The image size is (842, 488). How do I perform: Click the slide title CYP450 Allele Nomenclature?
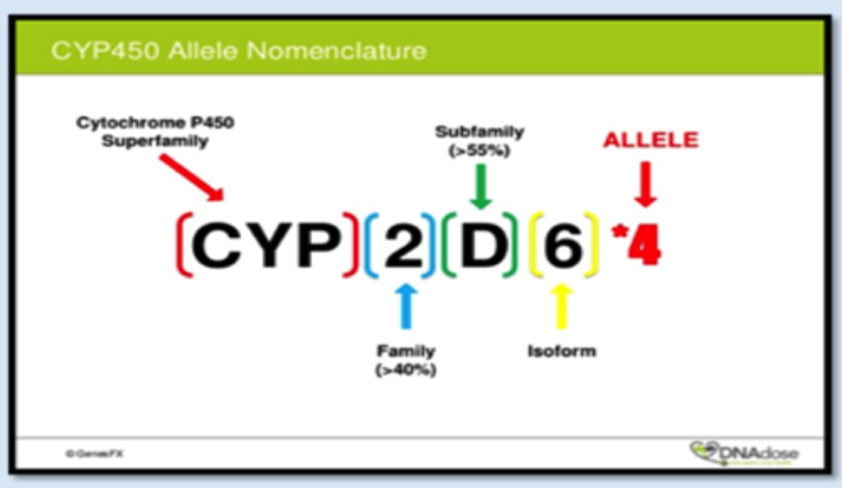239,51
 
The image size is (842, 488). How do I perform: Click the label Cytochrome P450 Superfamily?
155,133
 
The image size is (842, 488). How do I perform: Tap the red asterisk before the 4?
617,231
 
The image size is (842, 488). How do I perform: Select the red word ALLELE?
651,140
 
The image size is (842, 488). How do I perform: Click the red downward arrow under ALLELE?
646,185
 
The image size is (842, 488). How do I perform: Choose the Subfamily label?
479,131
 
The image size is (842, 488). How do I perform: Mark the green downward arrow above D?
481,186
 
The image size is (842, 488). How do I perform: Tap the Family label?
406,351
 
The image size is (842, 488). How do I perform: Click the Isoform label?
561,351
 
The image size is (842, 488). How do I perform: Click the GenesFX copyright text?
95,454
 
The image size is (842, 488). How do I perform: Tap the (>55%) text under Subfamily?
479,150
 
